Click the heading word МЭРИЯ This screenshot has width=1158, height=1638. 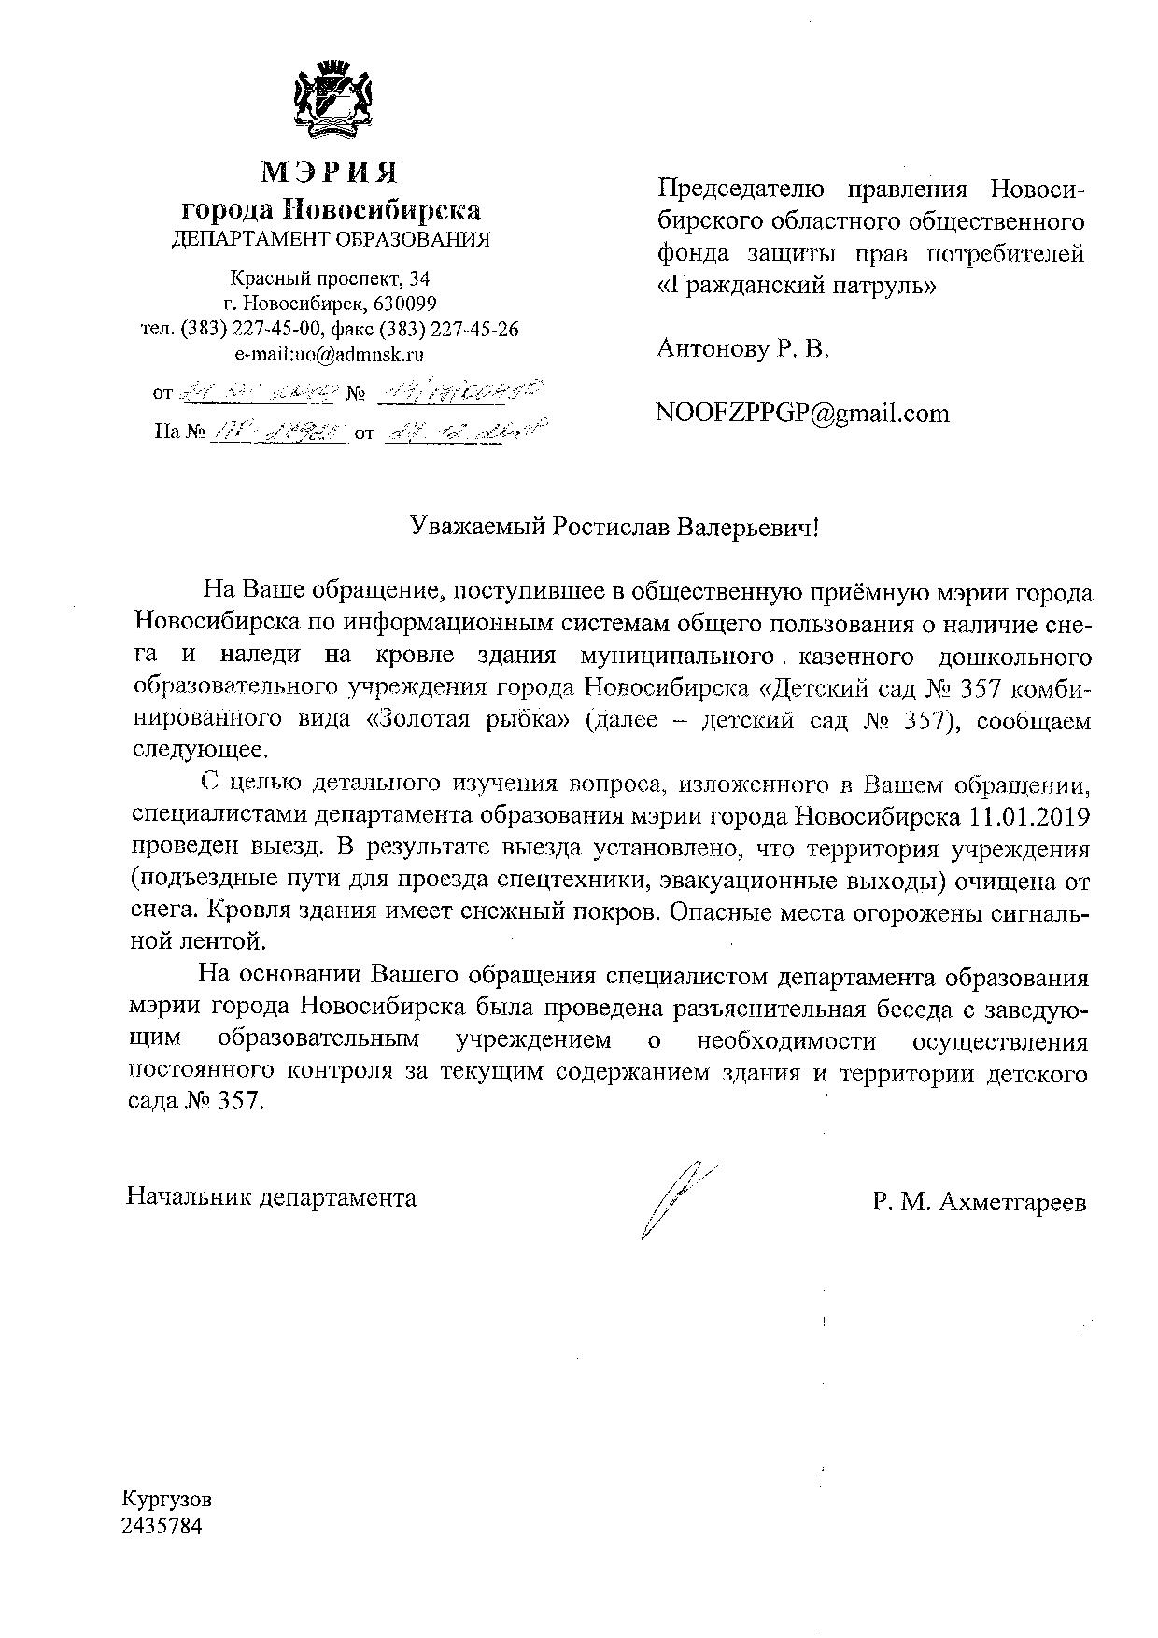(x=330, y=173)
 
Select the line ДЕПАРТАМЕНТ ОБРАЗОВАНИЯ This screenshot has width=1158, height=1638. (x=331, y=239)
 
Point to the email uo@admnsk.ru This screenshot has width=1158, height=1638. (x=360, y=354)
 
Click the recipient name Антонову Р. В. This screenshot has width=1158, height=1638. (x=743, y=349)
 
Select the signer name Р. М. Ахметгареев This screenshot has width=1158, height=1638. (x=980, y=1203)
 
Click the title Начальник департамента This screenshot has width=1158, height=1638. (x=272, y=1197)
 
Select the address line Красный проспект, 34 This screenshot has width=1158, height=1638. (x=330, y=278)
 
